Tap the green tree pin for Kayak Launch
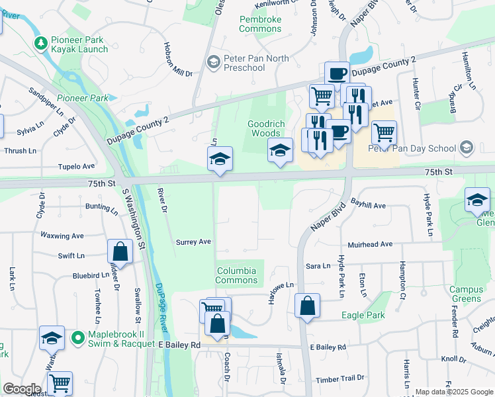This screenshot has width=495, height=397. click(41, 44)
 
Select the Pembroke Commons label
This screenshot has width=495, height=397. click(260, 24)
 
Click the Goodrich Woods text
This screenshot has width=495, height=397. click(263, 128)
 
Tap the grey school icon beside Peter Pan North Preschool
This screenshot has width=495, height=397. click(213, 63)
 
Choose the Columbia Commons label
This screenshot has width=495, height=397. click(236, 275)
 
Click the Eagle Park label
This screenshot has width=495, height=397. click(363, 315)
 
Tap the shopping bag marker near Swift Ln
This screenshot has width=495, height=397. click(120, 252)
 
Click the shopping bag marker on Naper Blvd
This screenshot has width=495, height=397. click(308, 306)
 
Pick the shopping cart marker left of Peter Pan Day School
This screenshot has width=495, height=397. click(384, 133)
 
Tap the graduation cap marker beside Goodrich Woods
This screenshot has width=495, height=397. click(280, 151)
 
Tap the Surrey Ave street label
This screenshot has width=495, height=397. click(193, 242)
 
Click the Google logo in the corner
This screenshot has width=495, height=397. click(21, 388)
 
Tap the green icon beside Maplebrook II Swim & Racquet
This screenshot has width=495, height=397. click(77, 337)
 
